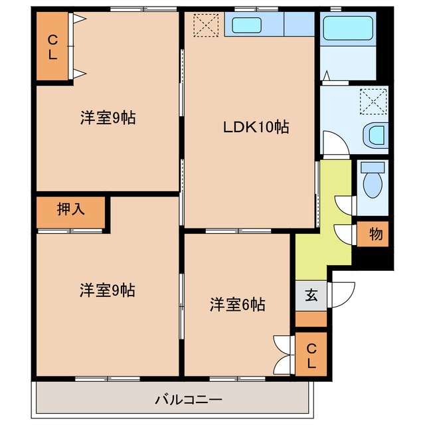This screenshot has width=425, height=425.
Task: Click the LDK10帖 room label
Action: coord(256,127)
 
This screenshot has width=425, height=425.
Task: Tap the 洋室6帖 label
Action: coord(238,305)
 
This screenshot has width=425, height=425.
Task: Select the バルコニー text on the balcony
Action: coord(189,400)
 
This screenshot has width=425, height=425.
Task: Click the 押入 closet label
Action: coord(70,210)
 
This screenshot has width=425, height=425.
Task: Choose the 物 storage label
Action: coord(375,234)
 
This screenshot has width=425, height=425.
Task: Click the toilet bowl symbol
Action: coord(373,180)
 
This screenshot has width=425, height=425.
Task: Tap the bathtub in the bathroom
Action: coord(347,29)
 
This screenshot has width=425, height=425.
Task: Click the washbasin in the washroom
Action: coord(375,135)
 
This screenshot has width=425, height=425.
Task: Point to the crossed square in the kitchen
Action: coord(205,26)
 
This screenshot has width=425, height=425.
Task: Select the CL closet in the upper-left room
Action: coord(52,47)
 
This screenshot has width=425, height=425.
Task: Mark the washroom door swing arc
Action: coord(331,142)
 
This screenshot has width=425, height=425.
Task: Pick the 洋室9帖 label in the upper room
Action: coord(108,119)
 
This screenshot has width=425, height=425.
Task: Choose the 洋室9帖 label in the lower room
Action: coord(108,290)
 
